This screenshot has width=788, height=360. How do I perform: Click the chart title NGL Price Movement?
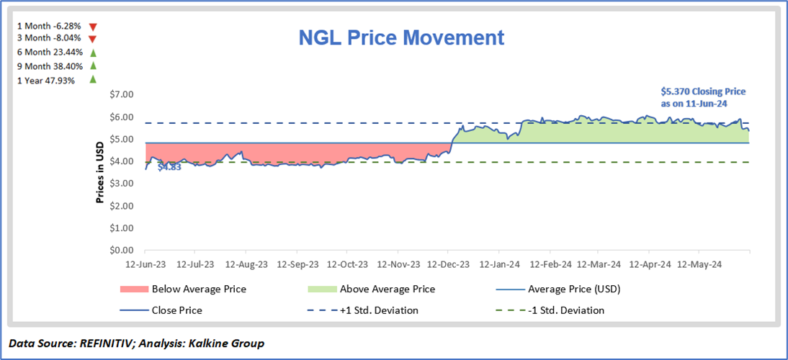401,38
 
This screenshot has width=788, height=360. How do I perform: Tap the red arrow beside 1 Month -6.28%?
92,26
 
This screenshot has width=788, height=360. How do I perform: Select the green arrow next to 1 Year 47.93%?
92,80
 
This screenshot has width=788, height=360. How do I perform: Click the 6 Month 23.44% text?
50,53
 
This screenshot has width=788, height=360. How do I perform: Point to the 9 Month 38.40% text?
50,66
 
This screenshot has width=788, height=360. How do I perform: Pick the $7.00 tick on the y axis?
122,94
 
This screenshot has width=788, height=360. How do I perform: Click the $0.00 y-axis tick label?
122,251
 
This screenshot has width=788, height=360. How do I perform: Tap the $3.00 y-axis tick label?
122,184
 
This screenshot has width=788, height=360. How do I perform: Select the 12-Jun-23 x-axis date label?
145,264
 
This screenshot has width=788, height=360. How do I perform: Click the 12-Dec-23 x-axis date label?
448,264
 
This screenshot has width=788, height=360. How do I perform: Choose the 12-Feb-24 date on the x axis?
549,264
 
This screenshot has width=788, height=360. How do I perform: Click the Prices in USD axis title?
102,172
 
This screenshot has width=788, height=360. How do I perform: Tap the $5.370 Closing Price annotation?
703,97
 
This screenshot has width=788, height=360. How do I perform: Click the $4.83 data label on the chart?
169,167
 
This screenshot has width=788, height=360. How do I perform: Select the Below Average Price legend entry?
199,289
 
